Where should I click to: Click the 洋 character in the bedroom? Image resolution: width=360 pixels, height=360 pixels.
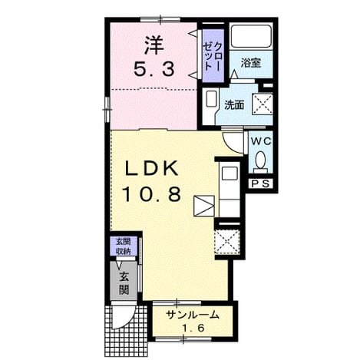coord(154,45)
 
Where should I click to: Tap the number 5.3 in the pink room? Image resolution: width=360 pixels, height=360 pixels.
coord(154,70)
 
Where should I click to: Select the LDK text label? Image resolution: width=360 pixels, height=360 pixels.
coord(151,168)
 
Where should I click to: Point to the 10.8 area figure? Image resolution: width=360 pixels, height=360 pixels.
coord(152,193)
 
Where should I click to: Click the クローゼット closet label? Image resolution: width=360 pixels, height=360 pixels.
coord(212,56)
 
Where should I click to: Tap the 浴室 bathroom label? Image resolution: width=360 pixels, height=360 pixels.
coord(251,63)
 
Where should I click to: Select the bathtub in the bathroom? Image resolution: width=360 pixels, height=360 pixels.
coord(251,36)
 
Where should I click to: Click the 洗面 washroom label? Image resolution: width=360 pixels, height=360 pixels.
coord(234,105)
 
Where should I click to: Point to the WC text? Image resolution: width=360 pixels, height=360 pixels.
coord(261,141)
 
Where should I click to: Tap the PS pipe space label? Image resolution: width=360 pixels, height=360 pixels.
coord(261,183)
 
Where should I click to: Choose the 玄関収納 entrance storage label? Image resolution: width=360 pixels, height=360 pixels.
coord(124,246)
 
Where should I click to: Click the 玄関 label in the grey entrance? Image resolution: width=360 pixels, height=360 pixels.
coord(124,283)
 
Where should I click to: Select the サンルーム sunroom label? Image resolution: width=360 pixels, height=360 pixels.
coord(193,315)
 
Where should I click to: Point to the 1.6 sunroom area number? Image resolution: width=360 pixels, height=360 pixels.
coord(193,328)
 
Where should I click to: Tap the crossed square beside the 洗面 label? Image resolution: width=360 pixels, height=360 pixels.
coord(263,104)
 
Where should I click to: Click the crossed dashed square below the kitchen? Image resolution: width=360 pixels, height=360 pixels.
coord(227,242)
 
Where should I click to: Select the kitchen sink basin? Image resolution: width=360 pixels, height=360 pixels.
coord(230,173)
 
